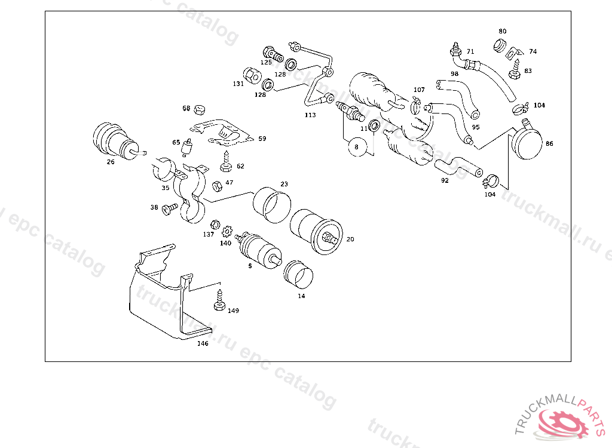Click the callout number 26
[111, 162]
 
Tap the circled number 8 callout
[356, 146]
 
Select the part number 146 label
[203, 343]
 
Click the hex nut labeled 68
[200, 109]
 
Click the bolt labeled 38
[169, 208]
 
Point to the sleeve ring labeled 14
[298, 273]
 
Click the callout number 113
[310, 115]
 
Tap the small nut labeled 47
[218, 185]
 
